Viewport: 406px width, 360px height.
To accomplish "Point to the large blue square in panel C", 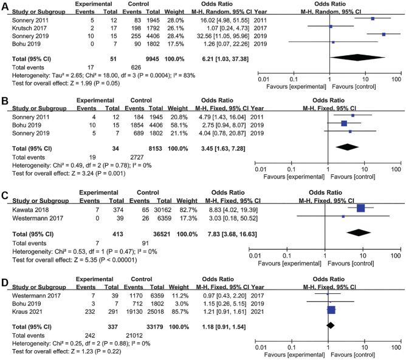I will point(361,208).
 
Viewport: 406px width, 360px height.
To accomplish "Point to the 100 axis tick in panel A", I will point(396,79).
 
